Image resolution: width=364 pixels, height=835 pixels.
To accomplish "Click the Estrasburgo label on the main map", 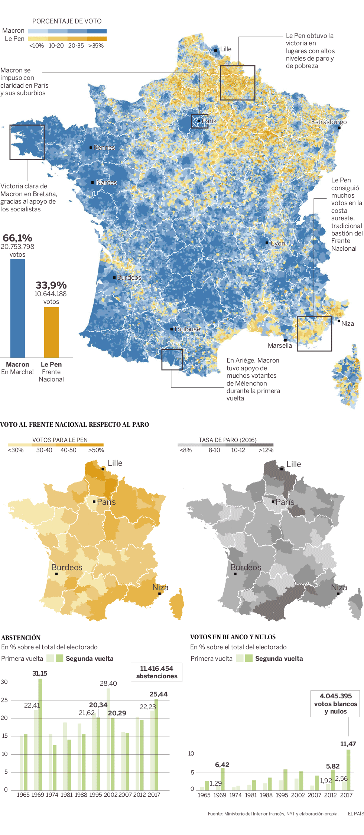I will [329, 122].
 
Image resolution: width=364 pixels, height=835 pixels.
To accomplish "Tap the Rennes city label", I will [104, 147].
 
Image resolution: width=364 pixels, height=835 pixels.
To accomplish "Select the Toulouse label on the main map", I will [187, 329].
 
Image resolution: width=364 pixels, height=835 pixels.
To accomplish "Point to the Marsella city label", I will [280, 345].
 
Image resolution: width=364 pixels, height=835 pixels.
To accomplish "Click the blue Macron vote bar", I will [17, 308].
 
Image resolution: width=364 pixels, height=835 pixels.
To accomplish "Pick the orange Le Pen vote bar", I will [51, 332].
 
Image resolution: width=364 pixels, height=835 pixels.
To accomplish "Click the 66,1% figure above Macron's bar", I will [17, 238].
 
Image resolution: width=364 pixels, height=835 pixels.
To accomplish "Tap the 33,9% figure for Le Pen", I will [51, 285].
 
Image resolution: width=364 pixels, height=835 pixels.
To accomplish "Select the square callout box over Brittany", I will [27, 142].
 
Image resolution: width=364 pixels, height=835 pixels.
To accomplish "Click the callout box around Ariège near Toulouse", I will [172, 360].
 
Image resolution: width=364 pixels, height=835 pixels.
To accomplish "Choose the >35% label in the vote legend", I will [96, 46].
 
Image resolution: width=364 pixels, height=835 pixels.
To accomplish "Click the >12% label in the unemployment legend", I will [266, 450].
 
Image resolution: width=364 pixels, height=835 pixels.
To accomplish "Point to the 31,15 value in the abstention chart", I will [40, 673].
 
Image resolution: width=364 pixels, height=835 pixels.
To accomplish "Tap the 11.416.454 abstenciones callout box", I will [157, 672].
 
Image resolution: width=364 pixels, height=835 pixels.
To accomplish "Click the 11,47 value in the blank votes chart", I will [348, 744].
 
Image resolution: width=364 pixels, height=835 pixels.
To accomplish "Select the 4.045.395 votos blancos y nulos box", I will [335, 704].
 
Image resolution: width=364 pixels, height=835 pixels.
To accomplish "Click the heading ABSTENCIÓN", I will [21, 638].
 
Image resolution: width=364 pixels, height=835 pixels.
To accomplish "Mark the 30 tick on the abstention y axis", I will [4, 682].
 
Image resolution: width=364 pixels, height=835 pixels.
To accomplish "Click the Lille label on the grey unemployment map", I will [293, 464].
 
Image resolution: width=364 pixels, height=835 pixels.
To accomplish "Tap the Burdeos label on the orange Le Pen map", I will [67, 568].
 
